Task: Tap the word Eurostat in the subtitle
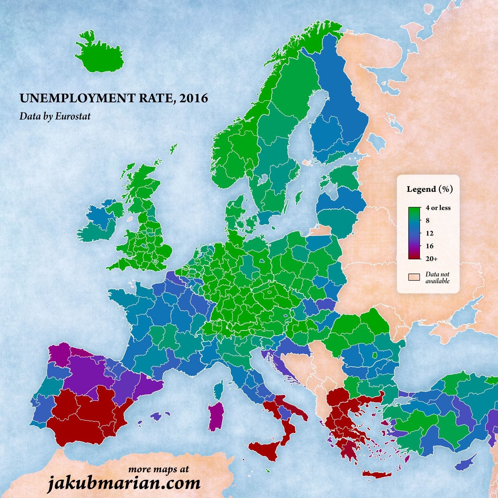coord(73,116)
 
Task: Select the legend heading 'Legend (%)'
coord(430,189)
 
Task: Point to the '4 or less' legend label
coord(438,208)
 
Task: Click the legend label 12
coord(430,233)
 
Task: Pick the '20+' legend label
coord(431,259)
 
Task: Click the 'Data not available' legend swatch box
coord(414,277)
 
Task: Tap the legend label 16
coord(430,246)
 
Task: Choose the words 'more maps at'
coord(158,469)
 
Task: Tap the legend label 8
coord(427,220)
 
